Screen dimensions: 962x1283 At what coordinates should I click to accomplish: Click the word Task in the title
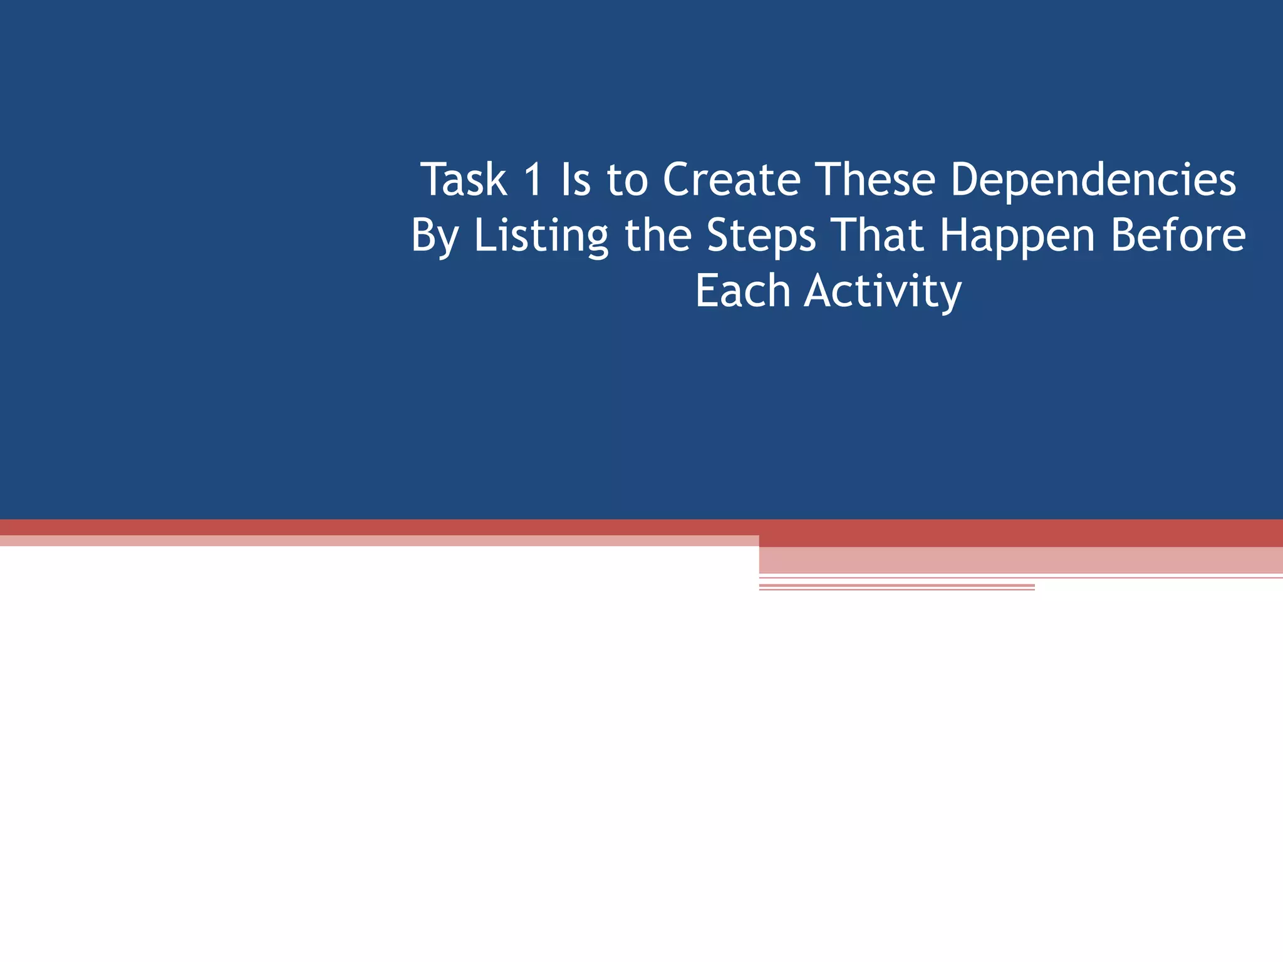[x=464, y=180]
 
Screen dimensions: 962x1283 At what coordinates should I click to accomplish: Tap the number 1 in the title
[x=533, y=180]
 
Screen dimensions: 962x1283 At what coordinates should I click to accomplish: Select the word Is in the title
[x=576, y=180]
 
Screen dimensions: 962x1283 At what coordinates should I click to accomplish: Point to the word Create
[x=732, y=180]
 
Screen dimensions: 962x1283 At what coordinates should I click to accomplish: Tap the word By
[x=435, y=237]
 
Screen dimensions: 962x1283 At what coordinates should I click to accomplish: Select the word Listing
[x=541, y=237]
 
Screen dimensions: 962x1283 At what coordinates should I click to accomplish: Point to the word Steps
[x=761, y=237]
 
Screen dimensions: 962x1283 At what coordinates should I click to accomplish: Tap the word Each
[x=743, y=291]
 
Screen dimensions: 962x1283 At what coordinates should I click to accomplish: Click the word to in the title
[x=627, y=181]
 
